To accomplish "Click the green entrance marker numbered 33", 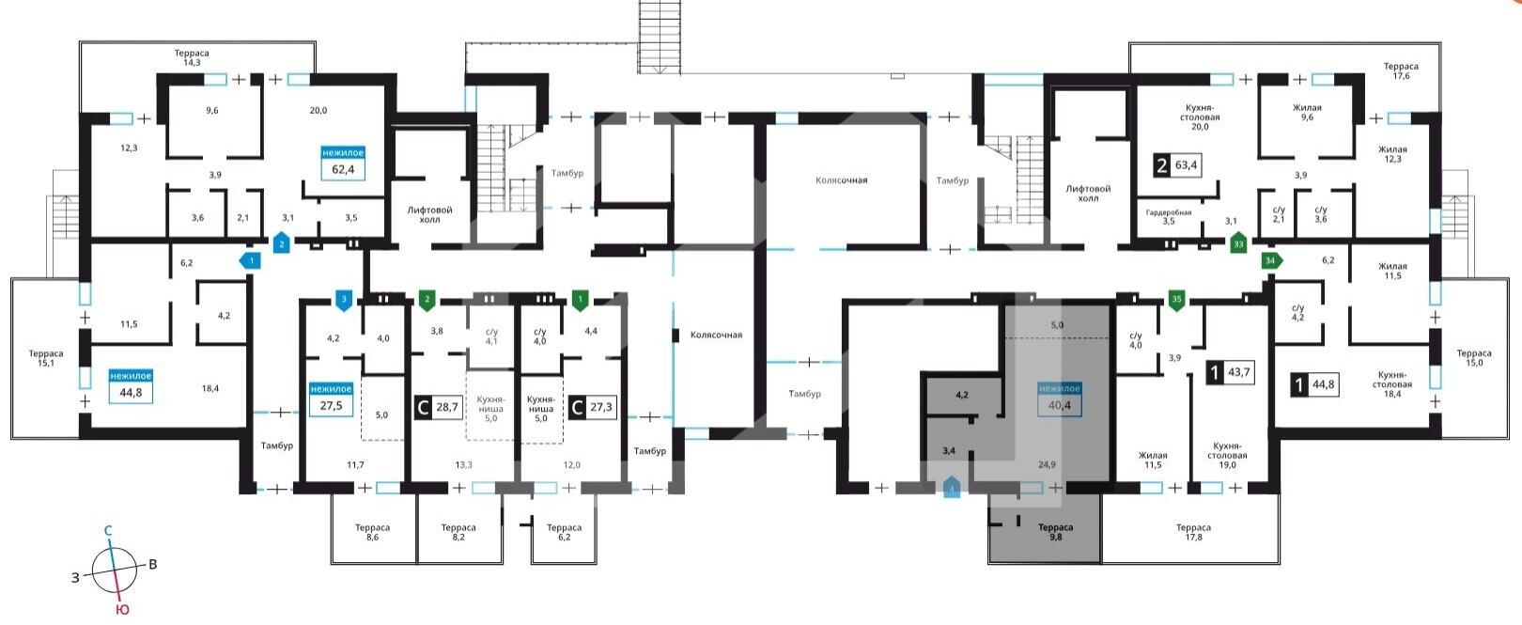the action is coord(1238,243).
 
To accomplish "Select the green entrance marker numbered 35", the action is coord(1177,300).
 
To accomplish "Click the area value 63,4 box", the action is coord(1186,165).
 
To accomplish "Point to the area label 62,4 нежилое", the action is coord(343,163).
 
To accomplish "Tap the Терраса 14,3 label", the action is coord(192,57).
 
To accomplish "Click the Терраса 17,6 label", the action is coord(1401,71).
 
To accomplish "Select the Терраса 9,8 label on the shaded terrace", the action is coord(1055,532).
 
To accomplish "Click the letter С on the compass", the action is coord(108,531).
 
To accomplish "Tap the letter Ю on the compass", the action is coord(122,609).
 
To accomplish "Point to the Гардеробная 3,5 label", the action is coord(1169,217).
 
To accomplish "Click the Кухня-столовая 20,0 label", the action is coord(1200,117).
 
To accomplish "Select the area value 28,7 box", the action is coord(447,408).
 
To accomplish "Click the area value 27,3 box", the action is coord(600,408).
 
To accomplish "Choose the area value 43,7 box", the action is coord(1238,372).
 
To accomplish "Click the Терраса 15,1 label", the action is coord(46,358).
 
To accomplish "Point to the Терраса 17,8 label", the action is coord(1193,532).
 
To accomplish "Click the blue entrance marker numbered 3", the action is coord(344,300).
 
